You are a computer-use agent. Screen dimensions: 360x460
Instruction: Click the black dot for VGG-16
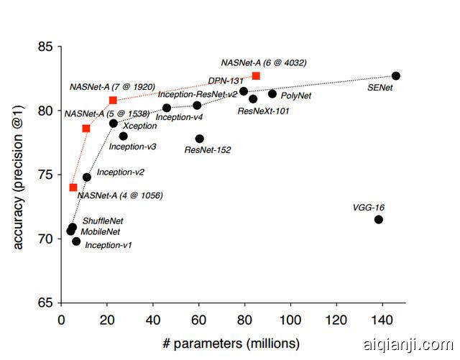point(379,219)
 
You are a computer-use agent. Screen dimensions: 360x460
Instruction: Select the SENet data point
point(396,76)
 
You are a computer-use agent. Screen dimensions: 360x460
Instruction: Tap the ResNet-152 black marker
point(199,139)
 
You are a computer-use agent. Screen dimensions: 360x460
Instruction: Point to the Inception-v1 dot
point(76,241)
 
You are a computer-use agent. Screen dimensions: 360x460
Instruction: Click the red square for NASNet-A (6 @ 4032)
point(256,76)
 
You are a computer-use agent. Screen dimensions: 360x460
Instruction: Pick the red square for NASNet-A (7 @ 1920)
point(113,100)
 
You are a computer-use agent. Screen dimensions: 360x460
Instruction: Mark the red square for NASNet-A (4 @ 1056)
point(73,188)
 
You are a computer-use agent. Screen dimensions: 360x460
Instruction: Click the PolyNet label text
point(295,95)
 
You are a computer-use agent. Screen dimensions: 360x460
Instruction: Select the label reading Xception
point(140,126)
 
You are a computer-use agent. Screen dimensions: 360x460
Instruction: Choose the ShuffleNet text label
point(103,221)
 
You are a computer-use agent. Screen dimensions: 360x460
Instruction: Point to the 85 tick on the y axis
point(45,47)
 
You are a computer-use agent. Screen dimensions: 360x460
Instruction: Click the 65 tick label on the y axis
point(45,303)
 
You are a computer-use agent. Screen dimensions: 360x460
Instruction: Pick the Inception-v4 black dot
point(167,108)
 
